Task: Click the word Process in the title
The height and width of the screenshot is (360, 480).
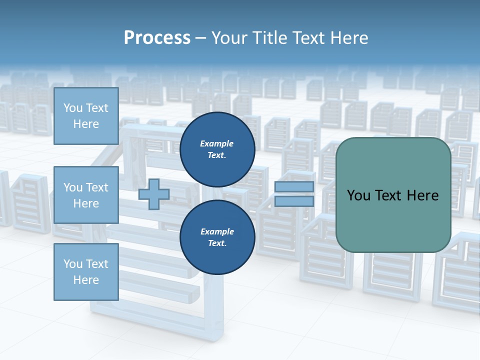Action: (x=157, y=38)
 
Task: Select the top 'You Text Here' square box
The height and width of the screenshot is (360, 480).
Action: (x=86, y=116)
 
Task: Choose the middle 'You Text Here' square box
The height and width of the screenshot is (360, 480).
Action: (x=86, y=195)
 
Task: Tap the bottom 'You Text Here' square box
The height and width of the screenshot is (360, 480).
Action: (x=86, y=272)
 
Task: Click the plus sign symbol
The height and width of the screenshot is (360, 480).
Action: (x=154, y=194)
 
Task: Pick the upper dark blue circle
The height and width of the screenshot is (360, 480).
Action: (x=217, y=149)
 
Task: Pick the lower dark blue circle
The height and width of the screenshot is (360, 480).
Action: (x=217, y=237)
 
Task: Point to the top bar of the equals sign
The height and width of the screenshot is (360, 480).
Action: (x=294, y=187)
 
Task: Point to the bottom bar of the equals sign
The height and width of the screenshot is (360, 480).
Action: (x=294, y=201)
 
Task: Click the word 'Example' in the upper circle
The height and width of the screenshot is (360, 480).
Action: (x=217, y=143)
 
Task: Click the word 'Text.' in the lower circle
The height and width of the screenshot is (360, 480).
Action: (x=217, y=243)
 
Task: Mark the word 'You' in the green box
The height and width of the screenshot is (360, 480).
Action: (x=358, y=195)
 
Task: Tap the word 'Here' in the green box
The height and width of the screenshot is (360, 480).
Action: (x=422, y=195)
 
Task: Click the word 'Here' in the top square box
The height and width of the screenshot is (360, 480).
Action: (x=86, y=124)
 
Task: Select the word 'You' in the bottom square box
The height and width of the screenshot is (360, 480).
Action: (x=73, y=264)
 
